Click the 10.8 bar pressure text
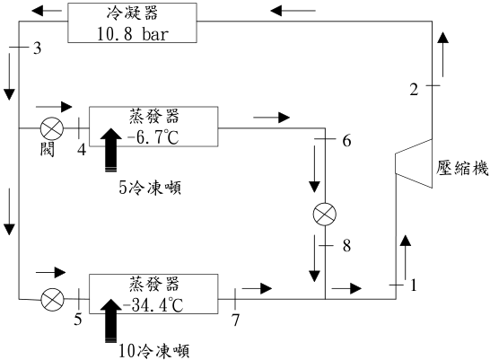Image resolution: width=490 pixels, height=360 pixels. pyautogui.click(x=133, y=33)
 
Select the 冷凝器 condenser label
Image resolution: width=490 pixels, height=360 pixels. pyautogui.click(x=132, y=13)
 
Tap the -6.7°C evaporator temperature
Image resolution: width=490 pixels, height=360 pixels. pyautogui.click(x=153, y=137)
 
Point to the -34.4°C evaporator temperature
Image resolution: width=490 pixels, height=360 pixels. pyautogui.click(x=153, y=305)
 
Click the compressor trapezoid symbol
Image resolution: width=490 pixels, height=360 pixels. pyautogui.click(x=414, y=163)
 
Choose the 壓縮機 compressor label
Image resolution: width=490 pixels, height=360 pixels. pyautogui.click(x=462, y=168)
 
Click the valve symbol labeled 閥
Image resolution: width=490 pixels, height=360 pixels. pyautogui.click(x=52, y=128)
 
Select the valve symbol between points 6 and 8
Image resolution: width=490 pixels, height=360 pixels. pyautogui.click(x=325, y=214)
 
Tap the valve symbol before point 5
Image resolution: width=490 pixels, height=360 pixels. pyautogui.click(x=52, y=299)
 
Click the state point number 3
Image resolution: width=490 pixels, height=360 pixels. pyautogui.click(x=38, y=48)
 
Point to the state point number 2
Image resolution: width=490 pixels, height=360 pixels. pyautogui.click(x=414, y=90)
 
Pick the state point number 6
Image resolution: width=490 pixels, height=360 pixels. pyautogui.click(x=347, y=141)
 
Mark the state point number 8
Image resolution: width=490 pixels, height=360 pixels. pyautogui.click(x=347, y=246)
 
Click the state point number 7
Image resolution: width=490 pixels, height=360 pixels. pyautogui.click(x=235, y=320)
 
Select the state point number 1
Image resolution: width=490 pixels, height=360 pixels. pyautogui.click(x=414, y=285)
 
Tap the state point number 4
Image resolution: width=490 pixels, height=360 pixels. pyautogui.click(x=82, y=150)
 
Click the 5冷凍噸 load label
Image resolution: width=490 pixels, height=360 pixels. pyautogui.click(x=150, y=189)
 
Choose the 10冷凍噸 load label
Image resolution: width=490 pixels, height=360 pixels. pyautogui.click(x=154, y=351)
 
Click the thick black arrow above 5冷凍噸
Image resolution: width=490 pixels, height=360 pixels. pyautogui.click(x=111, y=150)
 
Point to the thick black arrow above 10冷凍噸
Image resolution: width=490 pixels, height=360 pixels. pyautogui.click(x=111, y=320)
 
